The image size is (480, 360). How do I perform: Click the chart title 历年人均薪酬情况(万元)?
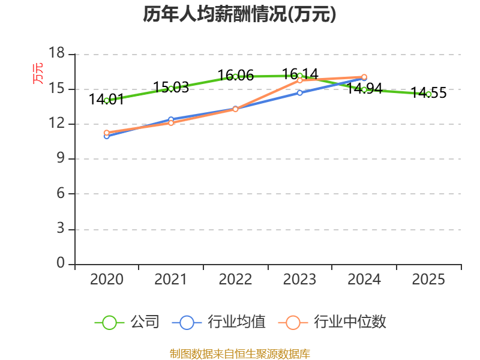239,14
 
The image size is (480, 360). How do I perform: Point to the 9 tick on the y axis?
61,159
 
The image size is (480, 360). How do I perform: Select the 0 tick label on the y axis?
61,263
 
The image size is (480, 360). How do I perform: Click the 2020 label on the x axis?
106,280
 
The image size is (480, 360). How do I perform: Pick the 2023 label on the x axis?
299,280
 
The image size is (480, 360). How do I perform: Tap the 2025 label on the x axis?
428,280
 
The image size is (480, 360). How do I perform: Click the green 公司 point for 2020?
106,100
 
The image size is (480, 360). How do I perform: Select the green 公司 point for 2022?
235,76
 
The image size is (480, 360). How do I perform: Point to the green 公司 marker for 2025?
428,94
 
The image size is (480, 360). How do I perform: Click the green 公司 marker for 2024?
364,89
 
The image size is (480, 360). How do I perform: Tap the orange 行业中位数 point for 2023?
299,80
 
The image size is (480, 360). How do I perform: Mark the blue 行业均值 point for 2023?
299,92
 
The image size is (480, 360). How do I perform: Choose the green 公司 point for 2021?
171,88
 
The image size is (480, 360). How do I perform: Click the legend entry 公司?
127,322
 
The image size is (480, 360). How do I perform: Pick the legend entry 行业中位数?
333,322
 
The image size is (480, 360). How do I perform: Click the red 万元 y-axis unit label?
38,73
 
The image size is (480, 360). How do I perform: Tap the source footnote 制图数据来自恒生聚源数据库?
239,353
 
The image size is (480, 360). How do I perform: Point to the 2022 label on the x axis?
235,280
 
